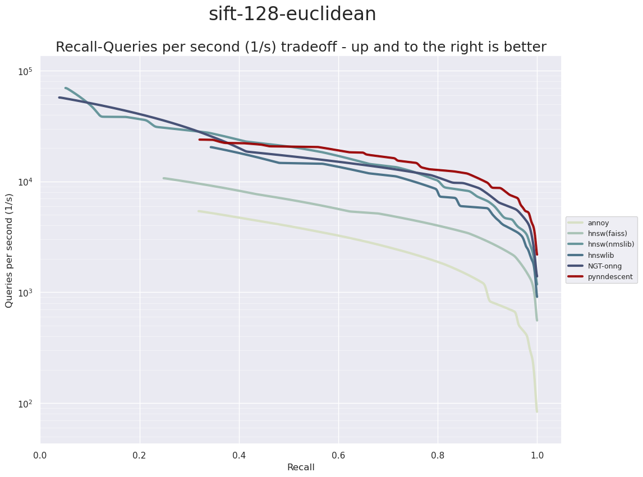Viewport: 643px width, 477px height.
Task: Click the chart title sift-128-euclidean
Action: coord(292,15)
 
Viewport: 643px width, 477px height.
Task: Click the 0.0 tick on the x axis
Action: coord(40,454)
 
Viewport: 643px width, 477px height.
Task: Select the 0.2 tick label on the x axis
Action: coord(140,454)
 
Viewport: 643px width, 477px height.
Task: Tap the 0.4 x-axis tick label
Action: coord(239,454)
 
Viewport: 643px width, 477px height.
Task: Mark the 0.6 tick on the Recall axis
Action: coord(338,454)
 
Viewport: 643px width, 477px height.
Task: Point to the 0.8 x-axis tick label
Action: coord(438,454)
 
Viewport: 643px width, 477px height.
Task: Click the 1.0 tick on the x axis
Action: coord(537,454)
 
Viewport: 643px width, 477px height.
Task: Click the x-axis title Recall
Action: coord(301,467)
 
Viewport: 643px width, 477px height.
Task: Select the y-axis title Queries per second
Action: coord(9,250)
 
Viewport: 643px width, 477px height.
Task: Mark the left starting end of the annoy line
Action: coord(199,211)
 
